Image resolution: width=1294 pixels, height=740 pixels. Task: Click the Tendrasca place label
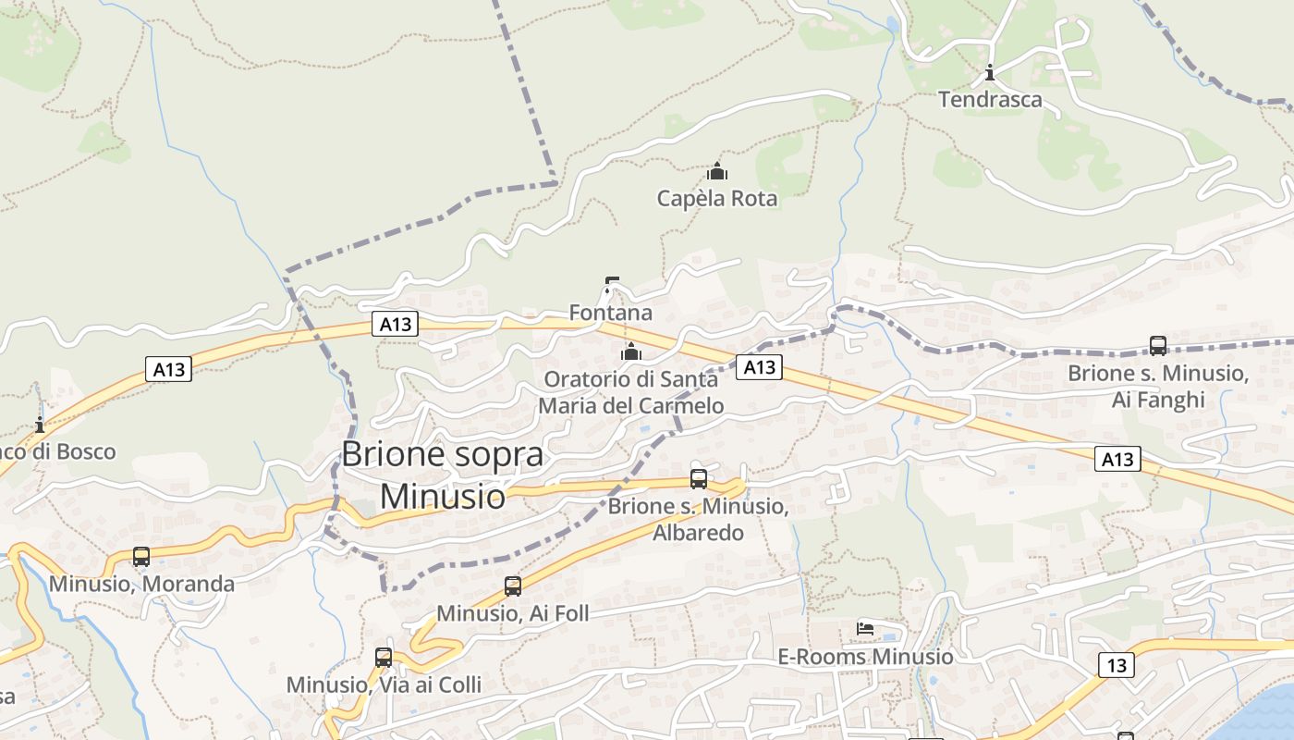(990, 99)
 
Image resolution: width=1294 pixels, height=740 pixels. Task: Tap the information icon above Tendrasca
(990, 72)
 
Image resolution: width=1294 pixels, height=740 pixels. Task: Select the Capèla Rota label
(717, 198)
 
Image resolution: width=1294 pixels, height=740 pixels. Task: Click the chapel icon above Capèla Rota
(717, 171)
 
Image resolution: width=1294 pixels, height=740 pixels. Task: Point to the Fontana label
(610, 313)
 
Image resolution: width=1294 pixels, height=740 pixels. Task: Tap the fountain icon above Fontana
(610, 284)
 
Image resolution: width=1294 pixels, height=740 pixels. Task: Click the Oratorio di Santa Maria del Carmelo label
(631, 392)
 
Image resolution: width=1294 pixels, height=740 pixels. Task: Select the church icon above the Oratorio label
(631, 351)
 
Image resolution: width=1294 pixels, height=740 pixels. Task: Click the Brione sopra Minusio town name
(443, 475)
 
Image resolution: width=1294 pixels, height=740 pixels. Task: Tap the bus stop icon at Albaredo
(699, 479)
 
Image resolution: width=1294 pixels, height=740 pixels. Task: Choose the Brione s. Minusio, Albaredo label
(698, 520)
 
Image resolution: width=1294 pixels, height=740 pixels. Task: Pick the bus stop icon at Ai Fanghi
(1158, 346)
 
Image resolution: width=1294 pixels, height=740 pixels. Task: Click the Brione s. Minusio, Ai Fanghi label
(1158, 386)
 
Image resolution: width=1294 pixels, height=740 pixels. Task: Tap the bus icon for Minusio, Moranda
(141, 557)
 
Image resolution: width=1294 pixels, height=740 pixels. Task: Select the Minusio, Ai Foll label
(512, 613)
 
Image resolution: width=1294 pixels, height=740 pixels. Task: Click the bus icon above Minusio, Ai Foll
(513, 586)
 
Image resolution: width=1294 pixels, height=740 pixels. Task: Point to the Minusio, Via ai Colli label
(384, 684)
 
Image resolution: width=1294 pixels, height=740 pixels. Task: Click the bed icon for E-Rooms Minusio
(865, 629)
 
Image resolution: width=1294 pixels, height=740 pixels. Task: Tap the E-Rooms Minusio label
(865, 656)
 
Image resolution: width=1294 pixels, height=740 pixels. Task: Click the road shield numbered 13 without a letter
(1117, 664)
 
